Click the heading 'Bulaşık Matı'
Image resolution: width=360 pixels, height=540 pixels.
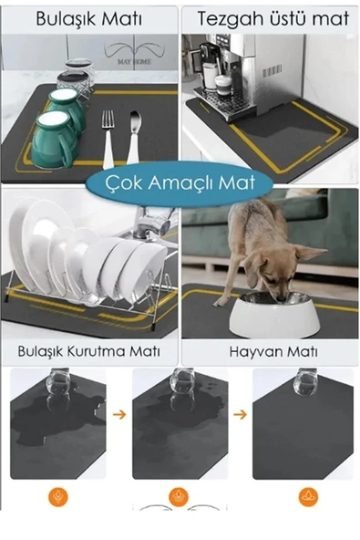[x=88, y=19]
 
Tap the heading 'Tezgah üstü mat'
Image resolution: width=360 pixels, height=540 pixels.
[x=273, y=19]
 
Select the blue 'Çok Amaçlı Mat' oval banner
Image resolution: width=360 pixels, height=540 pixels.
[x=180, y=182]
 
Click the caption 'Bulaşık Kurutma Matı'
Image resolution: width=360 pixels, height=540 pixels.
[x=88, y=351]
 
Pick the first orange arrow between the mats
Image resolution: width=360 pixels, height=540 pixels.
[x=119, y=414]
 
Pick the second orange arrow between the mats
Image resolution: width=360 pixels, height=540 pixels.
[x=240, y=414]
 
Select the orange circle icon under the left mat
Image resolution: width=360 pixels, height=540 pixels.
[x=57, y=497]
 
